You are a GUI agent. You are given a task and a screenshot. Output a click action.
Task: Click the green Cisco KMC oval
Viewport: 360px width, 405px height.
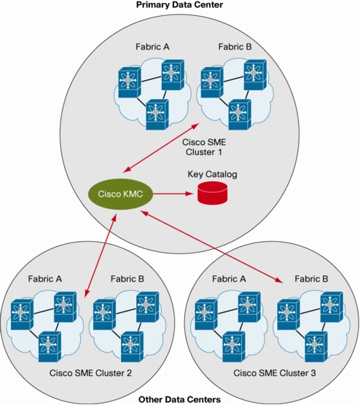point(120,194)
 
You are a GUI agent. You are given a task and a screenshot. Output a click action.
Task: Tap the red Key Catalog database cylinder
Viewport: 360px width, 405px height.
point(213,193)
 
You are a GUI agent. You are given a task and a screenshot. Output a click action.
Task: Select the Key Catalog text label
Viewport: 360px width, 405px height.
point(212,175)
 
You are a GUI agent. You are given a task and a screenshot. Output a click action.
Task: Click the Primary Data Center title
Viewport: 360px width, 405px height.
point(179,4)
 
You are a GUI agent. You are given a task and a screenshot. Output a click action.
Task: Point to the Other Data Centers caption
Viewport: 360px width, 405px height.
point(179,399)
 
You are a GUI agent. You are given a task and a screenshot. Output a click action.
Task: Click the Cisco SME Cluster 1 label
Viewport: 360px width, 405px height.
point(204,147)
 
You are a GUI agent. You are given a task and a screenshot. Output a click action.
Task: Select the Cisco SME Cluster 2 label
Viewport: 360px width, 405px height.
point(90,373)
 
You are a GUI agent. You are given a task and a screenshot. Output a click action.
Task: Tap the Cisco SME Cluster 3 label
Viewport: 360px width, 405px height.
point(275,373)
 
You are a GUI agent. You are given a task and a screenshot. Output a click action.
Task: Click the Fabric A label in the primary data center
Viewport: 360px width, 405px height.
point(152,47)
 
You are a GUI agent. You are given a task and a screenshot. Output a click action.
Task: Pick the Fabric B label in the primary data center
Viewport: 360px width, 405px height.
point(235,47)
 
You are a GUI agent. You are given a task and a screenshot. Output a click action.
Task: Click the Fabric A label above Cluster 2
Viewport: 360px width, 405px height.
point(45,279)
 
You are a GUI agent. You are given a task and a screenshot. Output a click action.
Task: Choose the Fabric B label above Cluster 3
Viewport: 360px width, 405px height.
point(311,279)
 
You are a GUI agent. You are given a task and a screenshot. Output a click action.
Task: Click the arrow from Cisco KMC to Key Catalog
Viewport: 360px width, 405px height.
point(173,194)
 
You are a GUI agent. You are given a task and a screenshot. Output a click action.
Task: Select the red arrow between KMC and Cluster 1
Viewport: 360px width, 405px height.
point(161,148)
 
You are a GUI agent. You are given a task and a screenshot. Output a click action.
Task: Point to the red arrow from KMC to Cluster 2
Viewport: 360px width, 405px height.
point(101,255)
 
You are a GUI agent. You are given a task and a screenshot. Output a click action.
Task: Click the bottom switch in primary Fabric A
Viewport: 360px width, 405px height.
point(157,114)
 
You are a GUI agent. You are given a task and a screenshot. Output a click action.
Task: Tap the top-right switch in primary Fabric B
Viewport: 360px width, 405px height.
point(255,74)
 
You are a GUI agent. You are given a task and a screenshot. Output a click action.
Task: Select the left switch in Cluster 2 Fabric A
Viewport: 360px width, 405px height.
point(22,315)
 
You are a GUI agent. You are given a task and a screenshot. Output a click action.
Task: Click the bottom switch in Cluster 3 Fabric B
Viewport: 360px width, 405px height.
point(316,347)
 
